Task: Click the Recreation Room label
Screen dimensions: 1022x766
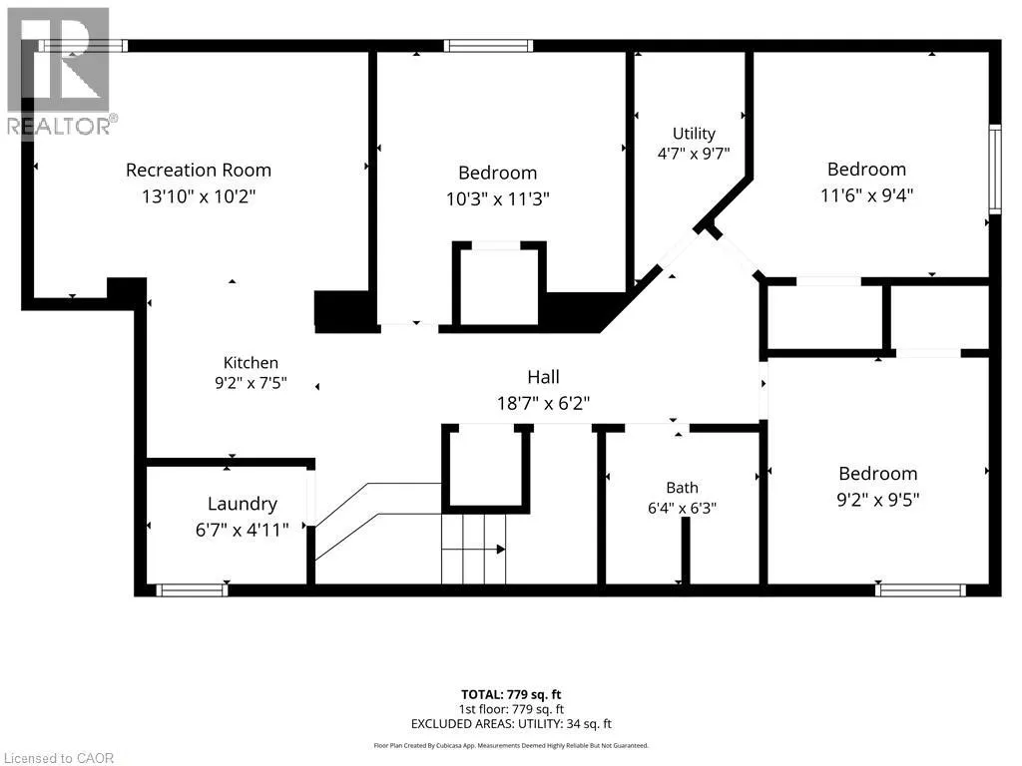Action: coord(199,170)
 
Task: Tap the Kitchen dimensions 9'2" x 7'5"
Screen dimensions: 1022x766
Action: coord(251,383)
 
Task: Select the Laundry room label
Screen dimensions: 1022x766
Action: coord(243,504)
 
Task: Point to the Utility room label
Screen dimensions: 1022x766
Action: coord(694,134)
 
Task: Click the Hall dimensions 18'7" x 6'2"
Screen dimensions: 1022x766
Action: coord(544,403)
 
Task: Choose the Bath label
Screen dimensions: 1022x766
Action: coord(682,487)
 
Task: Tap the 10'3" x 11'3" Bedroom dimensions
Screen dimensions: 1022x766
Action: coord(498,198)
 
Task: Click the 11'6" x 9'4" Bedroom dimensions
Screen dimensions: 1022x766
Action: coord(867,194)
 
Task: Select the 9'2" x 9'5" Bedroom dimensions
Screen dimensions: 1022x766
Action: coord(878,500)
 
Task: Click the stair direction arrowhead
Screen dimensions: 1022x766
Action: coord(501,550)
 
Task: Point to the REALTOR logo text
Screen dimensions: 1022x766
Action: coord(62,126)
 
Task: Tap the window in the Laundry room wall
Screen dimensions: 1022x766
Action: coord(192,590)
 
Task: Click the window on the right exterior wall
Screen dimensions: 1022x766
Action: coord(995,170)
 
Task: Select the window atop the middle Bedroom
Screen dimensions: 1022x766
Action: coord(489,46)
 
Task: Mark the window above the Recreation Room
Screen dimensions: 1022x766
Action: coord(83,46)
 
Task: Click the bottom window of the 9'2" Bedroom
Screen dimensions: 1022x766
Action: coord(920,590)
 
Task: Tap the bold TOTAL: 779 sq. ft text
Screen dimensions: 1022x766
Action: coord(511,694)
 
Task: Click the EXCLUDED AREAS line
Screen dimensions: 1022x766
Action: coord(511,724)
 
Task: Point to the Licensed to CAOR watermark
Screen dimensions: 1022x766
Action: coord(59,758)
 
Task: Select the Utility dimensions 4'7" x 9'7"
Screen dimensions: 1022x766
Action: coord(694,154)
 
